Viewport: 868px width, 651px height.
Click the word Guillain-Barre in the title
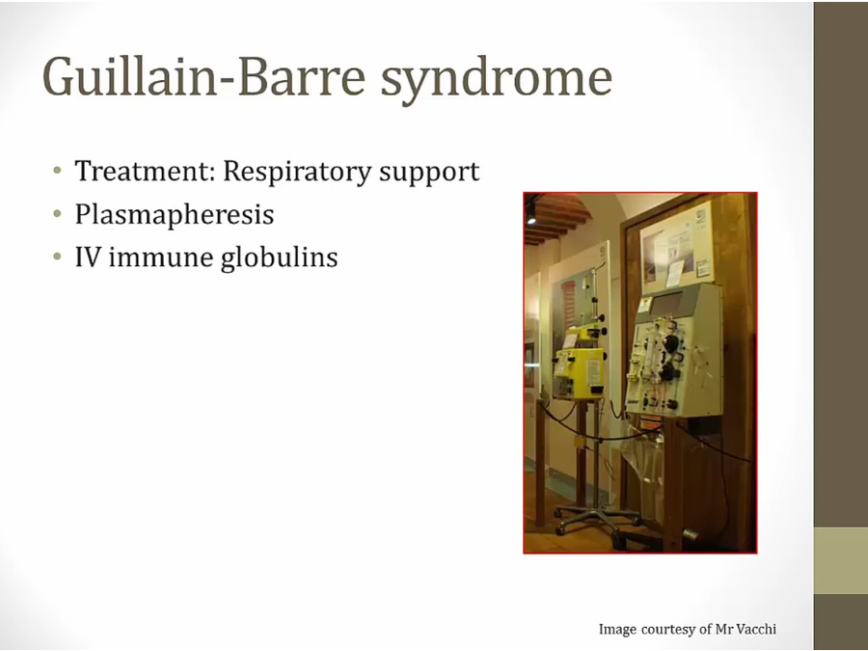203,76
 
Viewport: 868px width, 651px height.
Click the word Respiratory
296,172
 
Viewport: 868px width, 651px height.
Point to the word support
429,173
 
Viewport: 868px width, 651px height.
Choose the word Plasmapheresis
175,215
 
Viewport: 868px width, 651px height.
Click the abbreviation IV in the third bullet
88,258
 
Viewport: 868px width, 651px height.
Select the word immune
160,258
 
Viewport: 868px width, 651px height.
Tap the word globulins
279,258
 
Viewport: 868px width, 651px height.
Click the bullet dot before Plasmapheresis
58,214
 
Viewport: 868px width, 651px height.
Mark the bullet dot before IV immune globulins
58,257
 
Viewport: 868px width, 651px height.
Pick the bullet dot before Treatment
58,171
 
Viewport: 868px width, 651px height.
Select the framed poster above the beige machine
677,245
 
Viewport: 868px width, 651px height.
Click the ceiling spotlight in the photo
531,219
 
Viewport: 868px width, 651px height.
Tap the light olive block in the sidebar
841,560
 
